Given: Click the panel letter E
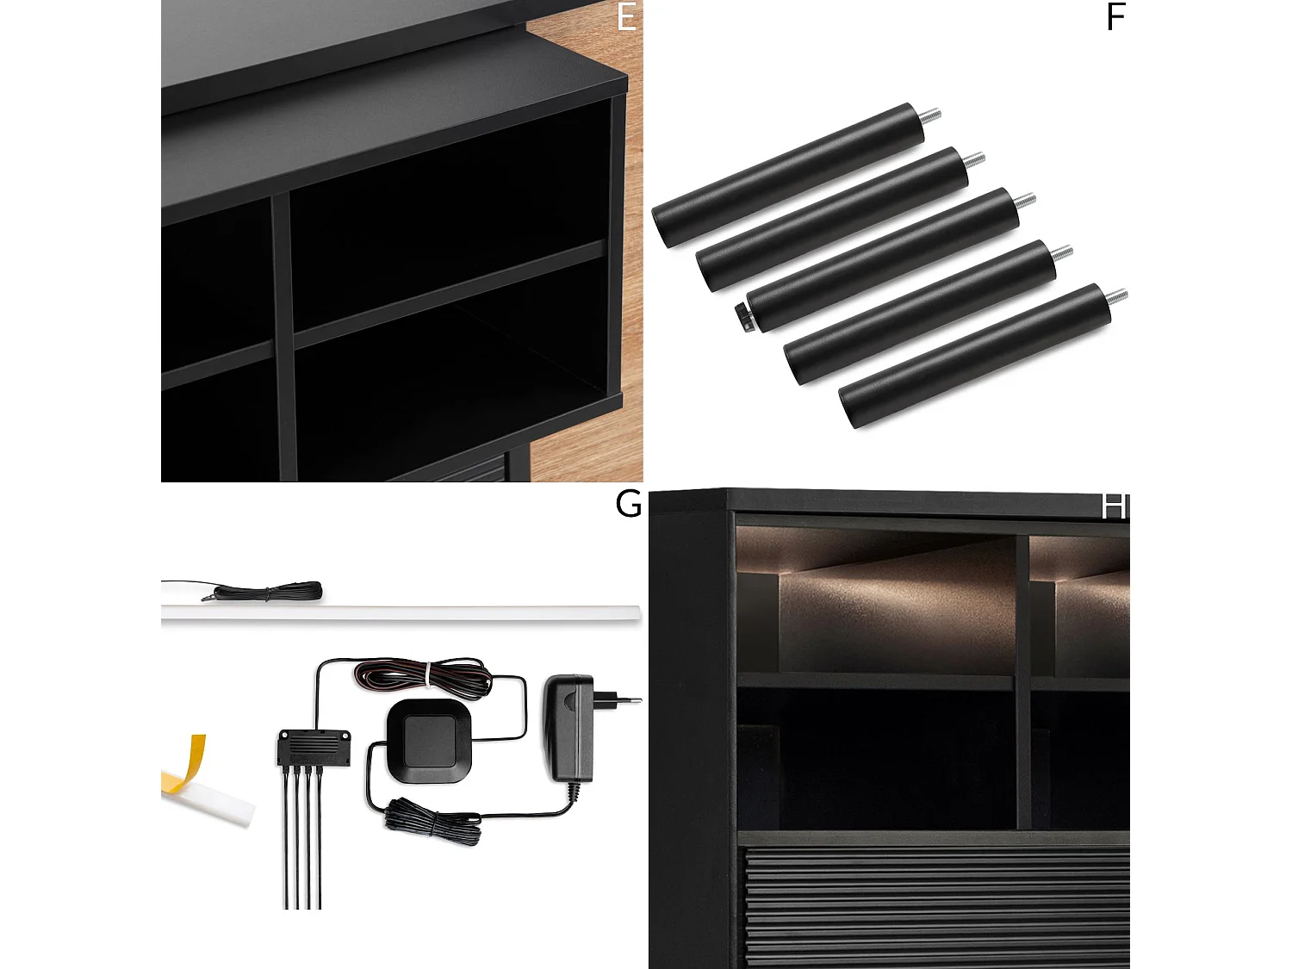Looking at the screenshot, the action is click(x=626, y=17).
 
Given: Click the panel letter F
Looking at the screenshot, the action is click(x=1116, y=17).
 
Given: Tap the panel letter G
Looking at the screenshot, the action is click(x=628, y=504).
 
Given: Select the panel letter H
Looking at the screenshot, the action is click(x=1115, y=507).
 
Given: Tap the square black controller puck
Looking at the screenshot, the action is click(x=429, y=741).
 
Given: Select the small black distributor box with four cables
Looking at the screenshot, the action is click(x=314, y=749).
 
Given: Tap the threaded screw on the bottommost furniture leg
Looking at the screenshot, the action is click(x=1115, y=296).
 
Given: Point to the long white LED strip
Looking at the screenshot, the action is click(x=401, y=612).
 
